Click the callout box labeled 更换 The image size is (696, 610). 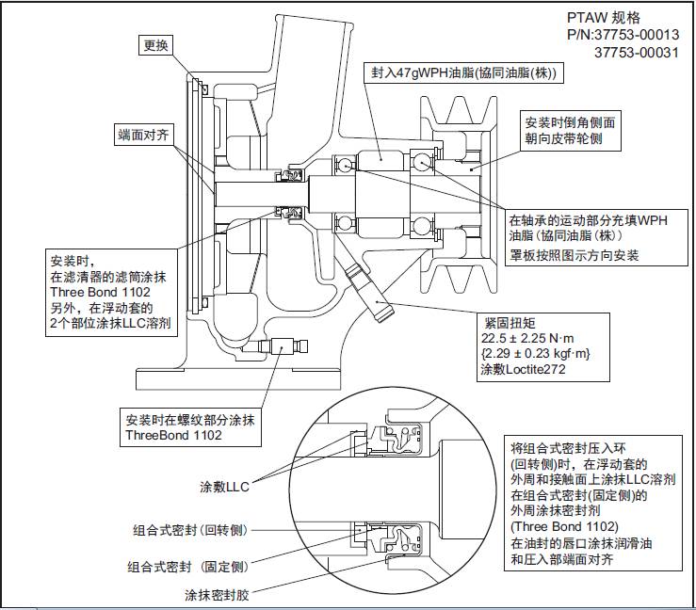click(x=155, y=44)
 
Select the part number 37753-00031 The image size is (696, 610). click(x=637, y=53)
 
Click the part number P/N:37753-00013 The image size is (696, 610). click(x=623, y=35)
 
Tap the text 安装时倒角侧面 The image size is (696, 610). click(x=572, y=123)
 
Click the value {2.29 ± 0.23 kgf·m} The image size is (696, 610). click(x=535, y=354)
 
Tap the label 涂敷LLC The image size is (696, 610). click(x=224, y=487)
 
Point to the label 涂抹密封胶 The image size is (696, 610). click(x=219, y=594)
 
